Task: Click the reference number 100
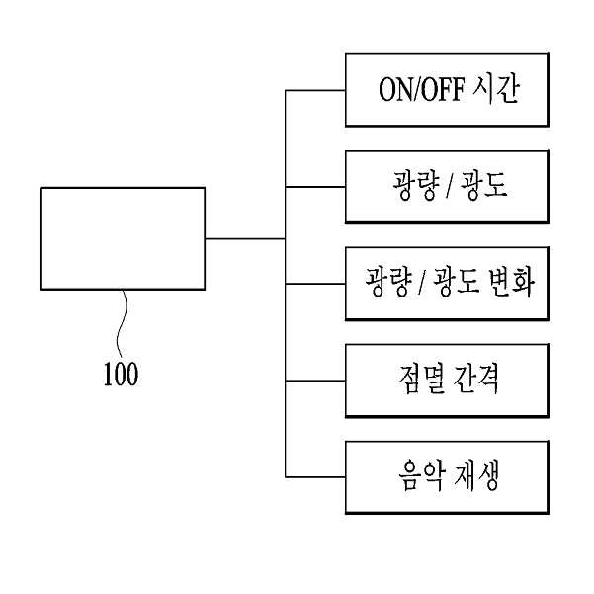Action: (x=121, y=374)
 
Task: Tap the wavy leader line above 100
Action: (x=122, y=323)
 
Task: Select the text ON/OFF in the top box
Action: (x=422, y=90)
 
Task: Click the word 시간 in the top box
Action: (x=496, y=89)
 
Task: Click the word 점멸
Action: (x=421, y=379)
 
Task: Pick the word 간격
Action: (x=475, y=379)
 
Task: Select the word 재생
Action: (x=475, y=475)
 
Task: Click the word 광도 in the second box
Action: (x=483, y=185)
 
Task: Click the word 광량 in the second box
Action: (x=416, y=185)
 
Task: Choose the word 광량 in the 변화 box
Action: (x=388, y=282)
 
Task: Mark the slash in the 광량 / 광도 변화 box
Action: (x=422, y=283)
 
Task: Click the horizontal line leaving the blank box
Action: (x=245, y=238)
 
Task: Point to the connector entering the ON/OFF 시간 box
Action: (x=315, y=90)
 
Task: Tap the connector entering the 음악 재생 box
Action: (x=315, y=477)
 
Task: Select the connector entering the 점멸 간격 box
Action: (x=315, y=381)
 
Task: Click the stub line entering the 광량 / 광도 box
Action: (x=315, y=187)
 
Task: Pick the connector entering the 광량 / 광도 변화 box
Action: (x=315, y=284)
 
